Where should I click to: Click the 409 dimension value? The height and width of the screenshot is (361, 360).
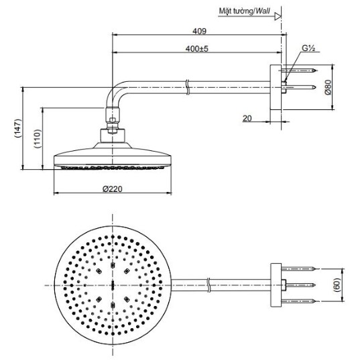tap(199, 31)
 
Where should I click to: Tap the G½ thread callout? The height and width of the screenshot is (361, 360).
tap(309, 49)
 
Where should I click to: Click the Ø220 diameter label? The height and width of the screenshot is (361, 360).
tap(111, 188)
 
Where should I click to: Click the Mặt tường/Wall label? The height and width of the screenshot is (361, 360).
tap(246, 11)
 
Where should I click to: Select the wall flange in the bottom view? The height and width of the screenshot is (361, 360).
tap(275, 285)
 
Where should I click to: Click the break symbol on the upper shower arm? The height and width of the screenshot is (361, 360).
tap(189, 85)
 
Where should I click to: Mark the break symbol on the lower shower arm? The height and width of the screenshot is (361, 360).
tap(211, 285)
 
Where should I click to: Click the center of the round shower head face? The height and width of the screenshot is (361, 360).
tap(111, 285)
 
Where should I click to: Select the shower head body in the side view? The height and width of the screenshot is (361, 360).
tap(111, 155)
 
